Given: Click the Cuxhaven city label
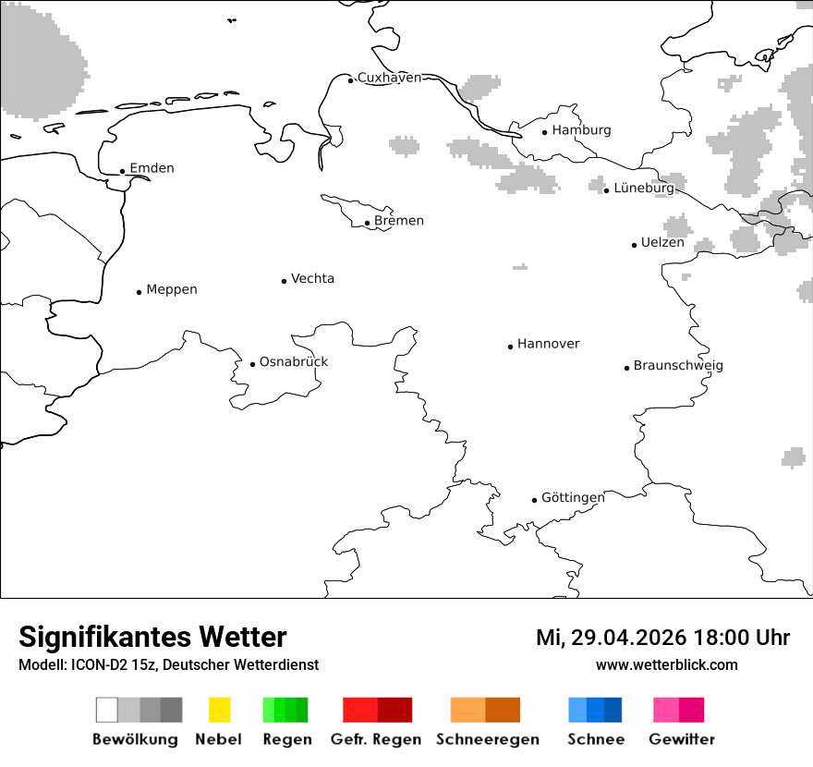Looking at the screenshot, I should point(389,78).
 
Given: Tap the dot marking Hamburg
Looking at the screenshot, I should point(544,132).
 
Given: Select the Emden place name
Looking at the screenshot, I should point(152,168).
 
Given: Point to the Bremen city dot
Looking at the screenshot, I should point(367,223).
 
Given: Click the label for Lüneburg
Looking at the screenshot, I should point(644,188).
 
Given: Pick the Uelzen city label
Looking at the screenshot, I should point(662,243).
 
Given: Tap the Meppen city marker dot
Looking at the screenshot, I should point(139,292).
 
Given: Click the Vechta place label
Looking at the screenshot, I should point(312,279).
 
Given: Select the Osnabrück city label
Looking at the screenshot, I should point(294,362).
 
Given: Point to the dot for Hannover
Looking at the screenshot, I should point(510,347).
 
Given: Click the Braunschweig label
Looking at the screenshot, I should point(678,366).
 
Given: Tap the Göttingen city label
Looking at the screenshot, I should point(573,498).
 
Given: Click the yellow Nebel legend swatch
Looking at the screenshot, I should point(219,710).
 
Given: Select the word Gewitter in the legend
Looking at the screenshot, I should point(682,739).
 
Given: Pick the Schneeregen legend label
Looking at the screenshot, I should point(488,739).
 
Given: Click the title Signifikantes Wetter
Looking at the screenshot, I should point(152,638).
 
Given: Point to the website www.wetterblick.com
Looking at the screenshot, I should point(666,665).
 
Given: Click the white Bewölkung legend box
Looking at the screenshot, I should point(106,710).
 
